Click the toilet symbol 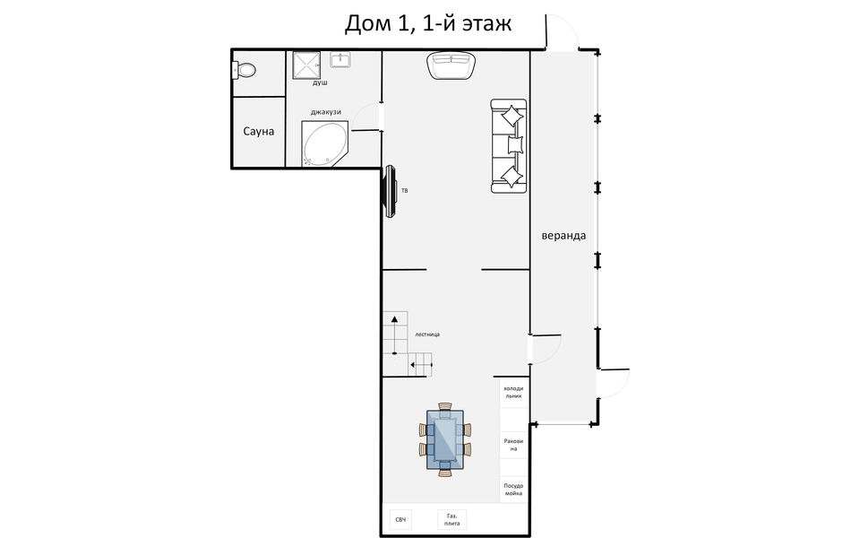(245, 69)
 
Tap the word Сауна (258, 132)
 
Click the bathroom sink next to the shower (341, 60)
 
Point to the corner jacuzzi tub (324, 144)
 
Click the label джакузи (326, 112)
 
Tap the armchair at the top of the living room (451, 65)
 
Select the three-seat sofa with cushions (509, 147)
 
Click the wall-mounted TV (391, 191)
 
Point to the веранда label (563, 236)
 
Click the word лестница (427, 334)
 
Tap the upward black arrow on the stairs (393, 318)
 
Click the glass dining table (445, 439)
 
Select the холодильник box (512, 392)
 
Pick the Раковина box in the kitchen (512, 445)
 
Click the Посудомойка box (512, 490)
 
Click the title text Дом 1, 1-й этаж (428, 24)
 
